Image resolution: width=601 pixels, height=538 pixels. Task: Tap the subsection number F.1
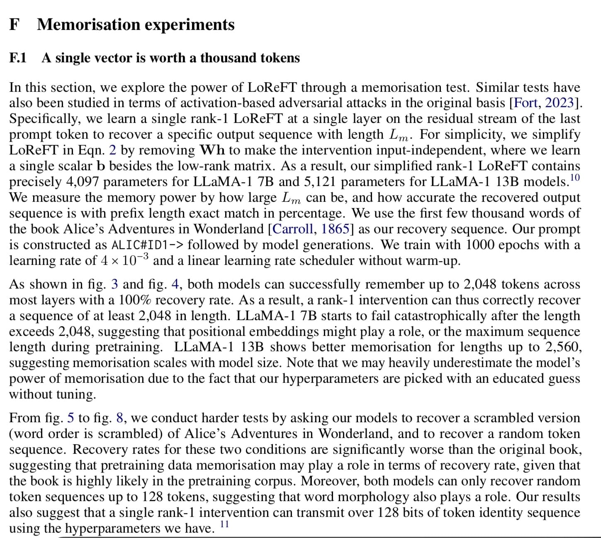(18, 58)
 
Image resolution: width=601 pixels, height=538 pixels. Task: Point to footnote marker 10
(574, 178)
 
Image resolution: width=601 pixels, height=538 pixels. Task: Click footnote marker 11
(224, 524)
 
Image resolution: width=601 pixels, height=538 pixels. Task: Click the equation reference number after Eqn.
(112, 150)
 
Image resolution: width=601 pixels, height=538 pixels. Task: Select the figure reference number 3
(115, 284)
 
